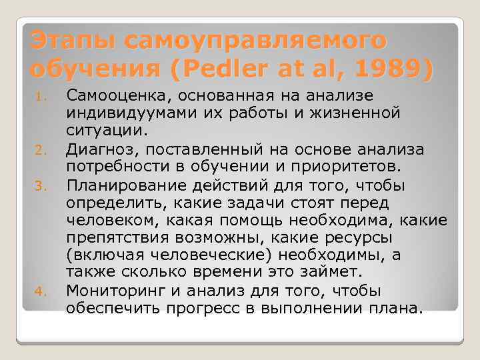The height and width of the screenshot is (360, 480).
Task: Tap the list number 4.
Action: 39,290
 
